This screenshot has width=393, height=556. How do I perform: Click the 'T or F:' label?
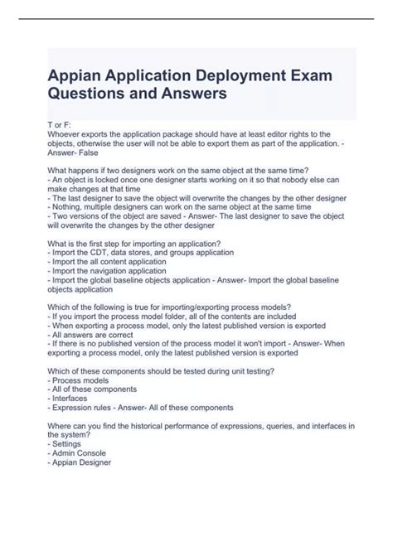point(61,123)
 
